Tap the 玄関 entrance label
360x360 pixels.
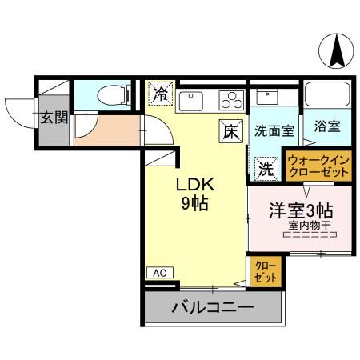pyautogui.click(x=54, y=118)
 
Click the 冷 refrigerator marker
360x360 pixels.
pyautogui.click(x=160, y=94)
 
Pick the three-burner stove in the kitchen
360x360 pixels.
pyautogui.click(x=230, y=100)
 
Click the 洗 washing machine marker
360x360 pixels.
pyautogui.click(x=265, y=169)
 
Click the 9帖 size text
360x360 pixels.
pyautogui.click(x=194, y=204)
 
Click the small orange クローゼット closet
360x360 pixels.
pyautogui.click(x=264, y=271)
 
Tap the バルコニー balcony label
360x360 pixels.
pyautogui.click(x=212, y=307)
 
